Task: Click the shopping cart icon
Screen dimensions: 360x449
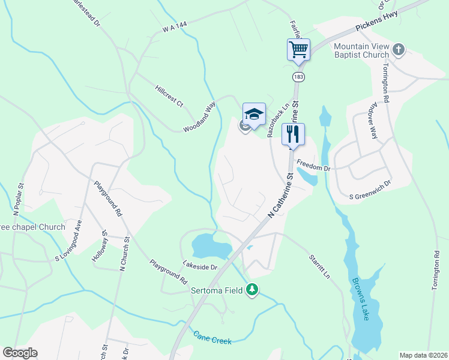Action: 298,48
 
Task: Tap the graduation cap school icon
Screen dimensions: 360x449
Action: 254,113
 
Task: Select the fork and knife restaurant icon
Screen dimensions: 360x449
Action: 293,133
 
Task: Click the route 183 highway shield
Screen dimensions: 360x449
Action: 298,77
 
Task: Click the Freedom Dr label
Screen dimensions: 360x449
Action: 314,169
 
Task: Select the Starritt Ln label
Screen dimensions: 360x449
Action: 319,267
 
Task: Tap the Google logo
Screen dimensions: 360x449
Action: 20,353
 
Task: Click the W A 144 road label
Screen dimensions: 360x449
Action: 175,28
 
